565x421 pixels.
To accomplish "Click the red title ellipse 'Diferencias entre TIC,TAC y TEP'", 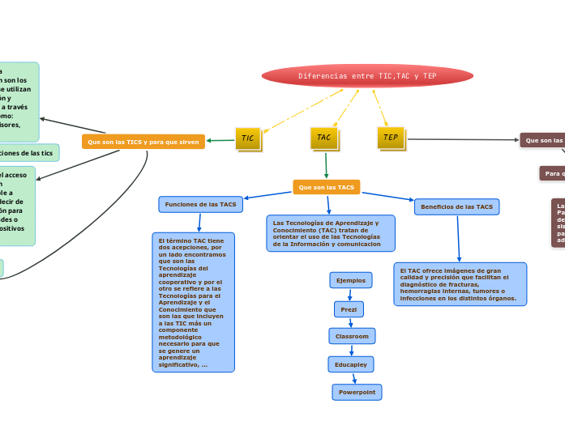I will [367, 76].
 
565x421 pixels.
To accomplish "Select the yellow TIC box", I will [248, 138].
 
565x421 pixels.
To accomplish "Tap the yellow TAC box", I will [323, 138].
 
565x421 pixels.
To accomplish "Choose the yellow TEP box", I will [391, 138].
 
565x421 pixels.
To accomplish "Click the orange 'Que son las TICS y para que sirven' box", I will [143, 142].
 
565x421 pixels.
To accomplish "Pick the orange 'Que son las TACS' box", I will [327, 187].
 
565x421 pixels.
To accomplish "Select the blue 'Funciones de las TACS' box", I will [201, 205].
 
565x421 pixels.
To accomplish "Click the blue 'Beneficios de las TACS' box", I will [456, 207].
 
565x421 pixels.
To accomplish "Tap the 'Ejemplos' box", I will [351, 280].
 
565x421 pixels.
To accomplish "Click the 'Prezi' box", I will [349, 308].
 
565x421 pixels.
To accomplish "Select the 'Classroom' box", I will [352, 336].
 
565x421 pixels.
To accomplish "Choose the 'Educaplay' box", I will [351, 364].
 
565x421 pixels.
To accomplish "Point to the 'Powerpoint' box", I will [357, 392].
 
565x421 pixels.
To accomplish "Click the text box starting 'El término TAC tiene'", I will [193, 302].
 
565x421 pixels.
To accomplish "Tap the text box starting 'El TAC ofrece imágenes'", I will [460, 284].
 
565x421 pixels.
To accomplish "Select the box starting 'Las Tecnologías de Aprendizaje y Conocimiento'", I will [330, 233].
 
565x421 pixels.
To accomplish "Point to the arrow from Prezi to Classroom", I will [351, 322].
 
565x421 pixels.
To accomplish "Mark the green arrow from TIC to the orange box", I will [220, 140].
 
